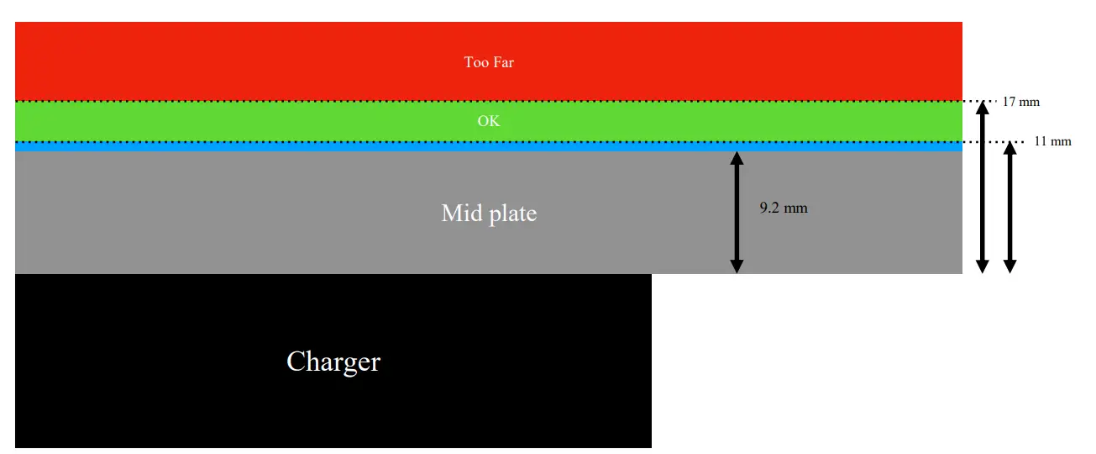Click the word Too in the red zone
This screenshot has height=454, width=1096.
476,62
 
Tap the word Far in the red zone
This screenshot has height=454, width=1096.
503,62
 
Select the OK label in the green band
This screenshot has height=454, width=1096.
488,121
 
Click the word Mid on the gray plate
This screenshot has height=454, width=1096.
462,214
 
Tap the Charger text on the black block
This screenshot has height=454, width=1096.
333,362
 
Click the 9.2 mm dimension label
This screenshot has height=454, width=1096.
784,208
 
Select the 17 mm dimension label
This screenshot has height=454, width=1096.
1020,102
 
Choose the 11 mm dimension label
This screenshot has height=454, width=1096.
1052,141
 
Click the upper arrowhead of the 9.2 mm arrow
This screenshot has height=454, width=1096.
737,159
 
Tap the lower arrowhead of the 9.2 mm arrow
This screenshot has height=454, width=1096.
737,266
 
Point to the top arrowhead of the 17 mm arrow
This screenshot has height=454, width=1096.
982,108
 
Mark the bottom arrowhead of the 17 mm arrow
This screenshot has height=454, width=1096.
982,266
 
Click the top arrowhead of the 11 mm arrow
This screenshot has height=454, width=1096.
1010,148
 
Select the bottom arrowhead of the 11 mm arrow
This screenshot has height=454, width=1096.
1010,266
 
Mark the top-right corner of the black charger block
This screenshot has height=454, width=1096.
651,275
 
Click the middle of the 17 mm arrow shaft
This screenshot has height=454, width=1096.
982,187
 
